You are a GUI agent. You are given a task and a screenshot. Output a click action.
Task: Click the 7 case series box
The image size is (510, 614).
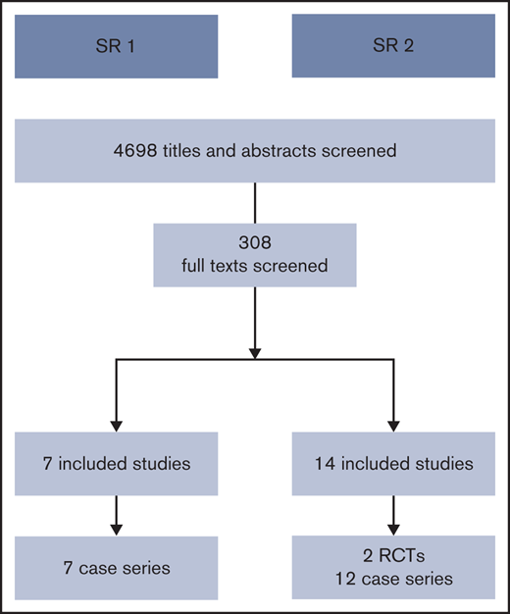point(117,567)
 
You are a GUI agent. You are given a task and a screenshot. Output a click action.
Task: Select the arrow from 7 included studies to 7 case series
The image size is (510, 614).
point(117,513)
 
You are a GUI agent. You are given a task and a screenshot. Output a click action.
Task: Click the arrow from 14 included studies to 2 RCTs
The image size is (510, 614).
point(392,513)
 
